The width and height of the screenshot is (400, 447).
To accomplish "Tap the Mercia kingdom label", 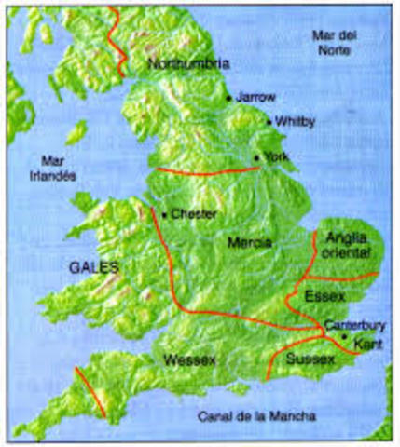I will [249, 242].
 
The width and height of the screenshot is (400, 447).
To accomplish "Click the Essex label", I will [324, 296].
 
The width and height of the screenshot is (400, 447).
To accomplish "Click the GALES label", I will [93, 265].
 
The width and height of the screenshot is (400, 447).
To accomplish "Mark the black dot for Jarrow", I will [228, 97].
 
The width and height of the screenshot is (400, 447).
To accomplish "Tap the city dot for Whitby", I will [269, 122].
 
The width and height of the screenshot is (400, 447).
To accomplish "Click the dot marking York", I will [257, 156].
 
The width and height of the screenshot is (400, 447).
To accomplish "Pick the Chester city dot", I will [164, 215].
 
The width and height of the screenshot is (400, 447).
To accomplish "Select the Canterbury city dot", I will [344, 336].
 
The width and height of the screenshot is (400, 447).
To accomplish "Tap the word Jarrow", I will [253, 97].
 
